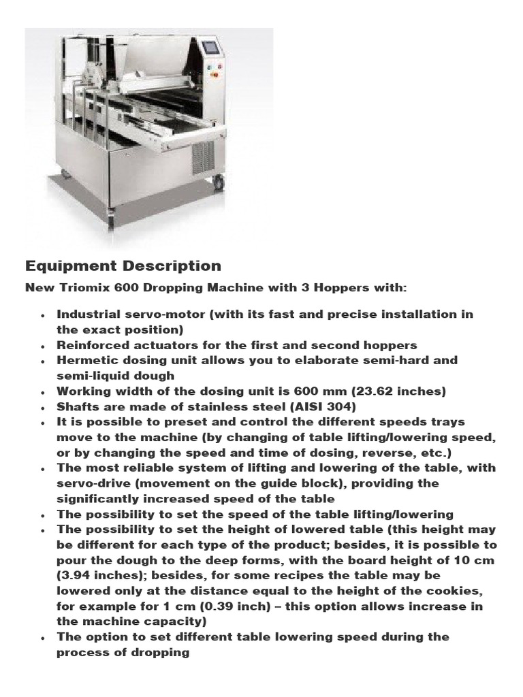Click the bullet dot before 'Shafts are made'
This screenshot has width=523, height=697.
pyautogui.click(x=44, y=407)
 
